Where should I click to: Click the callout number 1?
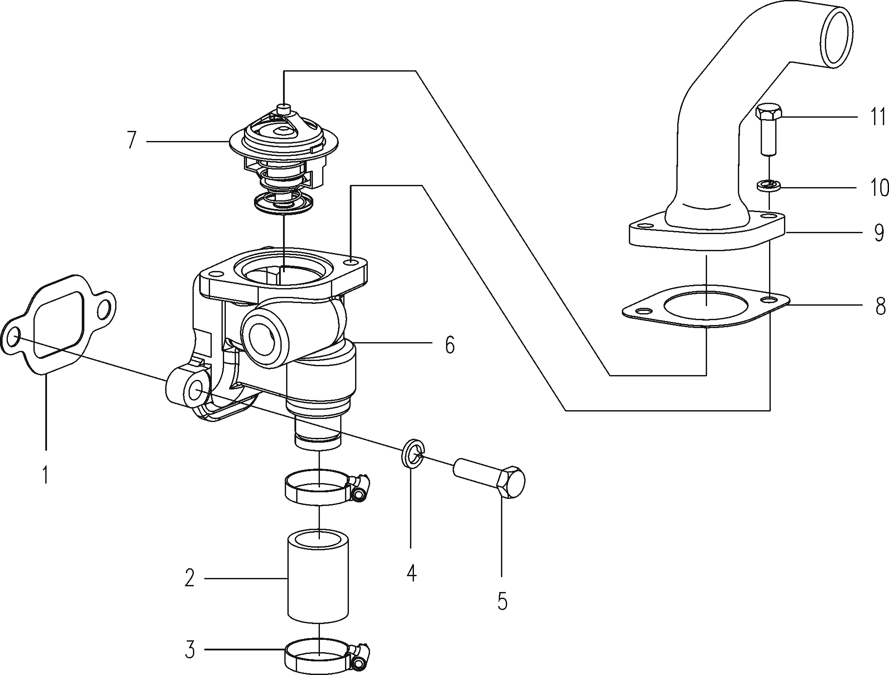click(45, 475)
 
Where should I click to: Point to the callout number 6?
click(449, 345)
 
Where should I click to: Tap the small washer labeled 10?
click(768, 185)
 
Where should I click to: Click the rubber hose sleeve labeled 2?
click(318, 580)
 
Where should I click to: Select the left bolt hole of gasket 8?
click(643, 311)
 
